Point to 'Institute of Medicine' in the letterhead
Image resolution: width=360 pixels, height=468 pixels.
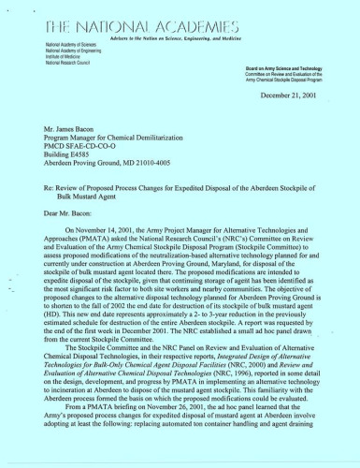tap(59, 58)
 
